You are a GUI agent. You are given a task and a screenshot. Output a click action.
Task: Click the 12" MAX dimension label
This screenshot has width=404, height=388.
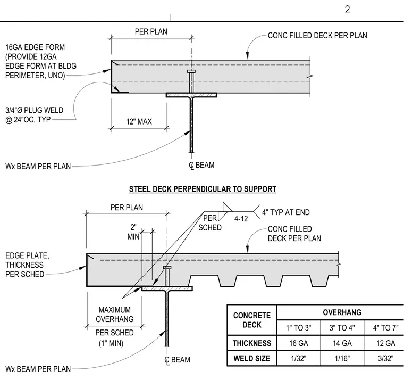click(x=139, y=121)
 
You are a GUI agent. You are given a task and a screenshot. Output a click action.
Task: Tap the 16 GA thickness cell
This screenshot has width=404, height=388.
click(x=298, y=343)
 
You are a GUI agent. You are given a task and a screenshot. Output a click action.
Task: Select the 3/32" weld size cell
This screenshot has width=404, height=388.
click(x=385, y=358)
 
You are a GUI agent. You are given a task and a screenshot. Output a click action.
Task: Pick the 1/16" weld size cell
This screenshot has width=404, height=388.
click(x=342, y=358)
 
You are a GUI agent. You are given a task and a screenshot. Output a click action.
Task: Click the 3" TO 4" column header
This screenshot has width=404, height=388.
click(x=342, y=328)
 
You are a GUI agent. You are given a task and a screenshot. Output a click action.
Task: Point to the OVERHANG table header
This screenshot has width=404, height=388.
click(x=342, y=312)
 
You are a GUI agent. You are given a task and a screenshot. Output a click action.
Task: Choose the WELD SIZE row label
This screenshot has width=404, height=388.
click(x=252, y=358)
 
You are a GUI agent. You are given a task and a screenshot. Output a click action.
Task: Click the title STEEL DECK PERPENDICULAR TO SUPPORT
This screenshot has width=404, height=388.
click(x=203, y=189)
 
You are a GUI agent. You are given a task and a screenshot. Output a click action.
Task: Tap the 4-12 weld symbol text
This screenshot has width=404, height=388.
click(x=241, y=219)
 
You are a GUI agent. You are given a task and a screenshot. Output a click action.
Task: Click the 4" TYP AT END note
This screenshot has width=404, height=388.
click(x=286, y=212)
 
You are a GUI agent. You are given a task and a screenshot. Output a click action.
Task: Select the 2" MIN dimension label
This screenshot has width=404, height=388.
click(x=133, y=232)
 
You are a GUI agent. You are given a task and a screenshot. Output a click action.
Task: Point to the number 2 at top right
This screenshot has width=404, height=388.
click(x=347, y=9)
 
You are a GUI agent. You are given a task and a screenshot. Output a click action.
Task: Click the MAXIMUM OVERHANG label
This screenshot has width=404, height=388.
click(x=115, y=315)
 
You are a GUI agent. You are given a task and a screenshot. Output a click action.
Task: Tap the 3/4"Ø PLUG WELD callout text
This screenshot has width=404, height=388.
click(x=34, y=115)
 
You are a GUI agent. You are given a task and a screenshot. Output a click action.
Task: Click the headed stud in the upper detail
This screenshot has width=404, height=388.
click(x=191, y=81)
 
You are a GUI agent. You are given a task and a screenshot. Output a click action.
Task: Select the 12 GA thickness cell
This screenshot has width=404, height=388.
click(x=385, y=343)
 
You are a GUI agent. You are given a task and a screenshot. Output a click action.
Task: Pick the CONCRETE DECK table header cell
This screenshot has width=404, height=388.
click(x=252, y=320)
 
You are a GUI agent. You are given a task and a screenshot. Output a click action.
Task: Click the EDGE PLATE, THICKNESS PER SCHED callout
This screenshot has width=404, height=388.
click(x=27, y=265)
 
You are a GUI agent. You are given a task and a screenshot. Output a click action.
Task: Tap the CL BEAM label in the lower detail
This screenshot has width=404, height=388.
click(x=177, y=360)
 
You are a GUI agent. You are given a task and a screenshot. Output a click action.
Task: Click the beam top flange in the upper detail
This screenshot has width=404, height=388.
click(x=191, y=95)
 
